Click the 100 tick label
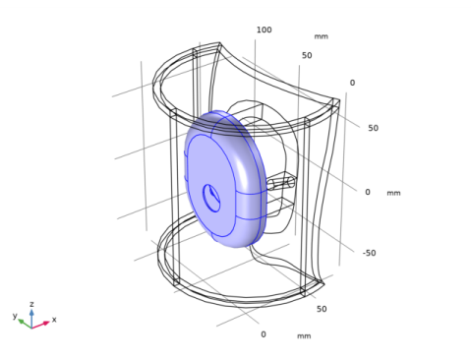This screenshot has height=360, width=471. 264,30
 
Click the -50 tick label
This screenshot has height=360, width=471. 369,253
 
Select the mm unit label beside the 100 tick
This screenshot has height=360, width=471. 321,36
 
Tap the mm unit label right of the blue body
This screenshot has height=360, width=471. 393,193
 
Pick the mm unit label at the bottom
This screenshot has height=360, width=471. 304,336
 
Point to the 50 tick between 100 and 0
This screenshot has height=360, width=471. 307,55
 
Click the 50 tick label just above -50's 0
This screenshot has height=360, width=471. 373,128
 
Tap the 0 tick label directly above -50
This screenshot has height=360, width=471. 368,192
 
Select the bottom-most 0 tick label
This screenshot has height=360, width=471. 264,334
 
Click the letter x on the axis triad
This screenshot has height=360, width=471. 54,320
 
